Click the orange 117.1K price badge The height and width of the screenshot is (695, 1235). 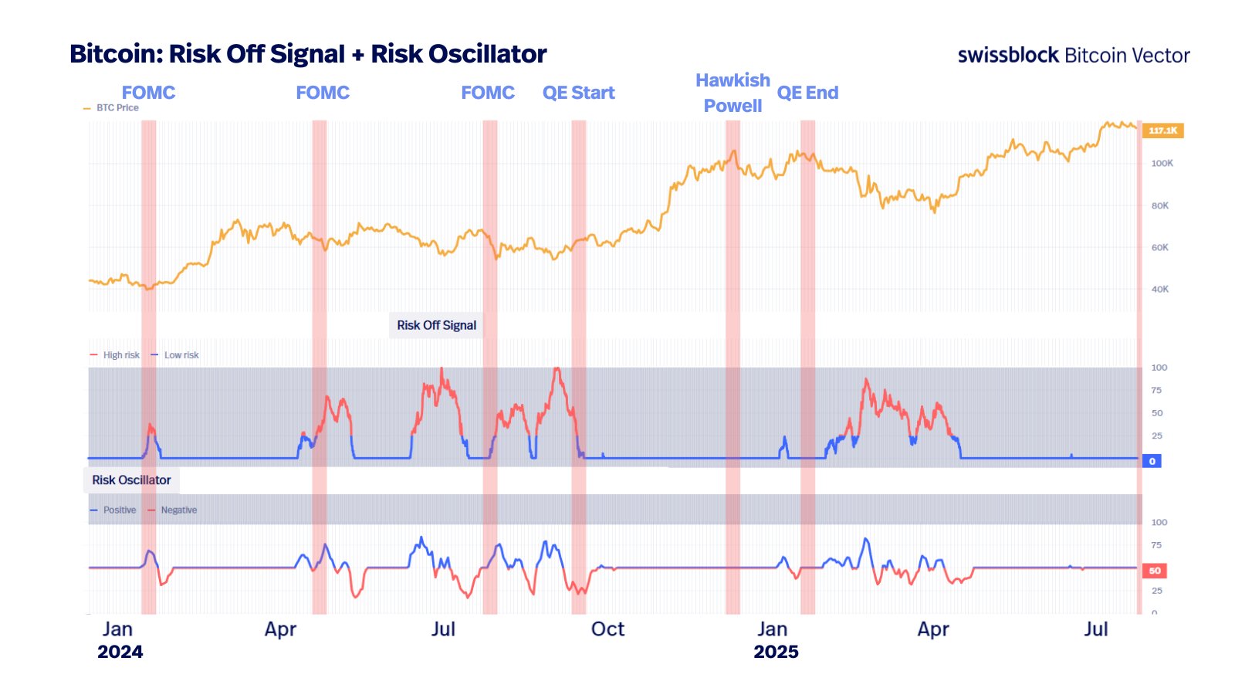coord(1162,131)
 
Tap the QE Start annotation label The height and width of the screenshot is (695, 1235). coord(578,93)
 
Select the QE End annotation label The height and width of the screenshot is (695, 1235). coord(807,93)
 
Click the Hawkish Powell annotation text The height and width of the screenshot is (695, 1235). coord(733,93)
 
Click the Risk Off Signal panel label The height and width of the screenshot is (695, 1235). coord(436,325)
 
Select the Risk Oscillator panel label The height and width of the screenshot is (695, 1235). coord(131,480)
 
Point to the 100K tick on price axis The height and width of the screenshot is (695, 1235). coord(1162,163)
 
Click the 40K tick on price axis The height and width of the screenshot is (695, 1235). coord(1159,289)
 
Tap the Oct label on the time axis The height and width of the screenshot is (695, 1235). coord(607,629)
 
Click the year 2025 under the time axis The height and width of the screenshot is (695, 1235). coord(776,652)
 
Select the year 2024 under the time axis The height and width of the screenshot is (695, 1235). coord(120,652)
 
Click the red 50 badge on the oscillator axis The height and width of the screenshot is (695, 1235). coord(1154,571)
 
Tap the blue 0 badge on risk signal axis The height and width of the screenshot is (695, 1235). coord(1152,461)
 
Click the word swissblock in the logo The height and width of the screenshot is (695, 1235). coord(1008,55)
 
